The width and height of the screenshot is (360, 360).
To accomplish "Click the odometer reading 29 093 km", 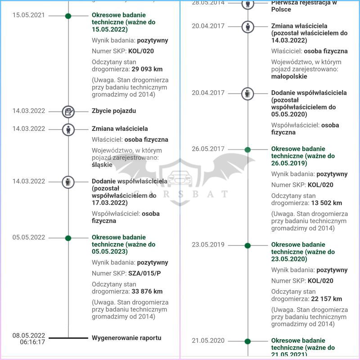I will click(147, 69).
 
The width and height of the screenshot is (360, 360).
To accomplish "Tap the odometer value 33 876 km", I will click(147, 292).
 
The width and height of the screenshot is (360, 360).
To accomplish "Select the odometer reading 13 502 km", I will click(325, 203).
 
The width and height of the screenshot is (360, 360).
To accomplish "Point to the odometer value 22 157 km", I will click(325, 299).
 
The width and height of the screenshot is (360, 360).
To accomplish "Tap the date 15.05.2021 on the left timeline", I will click(28, 15).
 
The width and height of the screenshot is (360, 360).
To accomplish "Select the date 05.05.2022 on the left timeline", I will click(28, 237).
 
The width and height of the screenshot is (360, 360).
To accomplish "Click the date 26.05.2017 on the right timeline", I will click(208, 149).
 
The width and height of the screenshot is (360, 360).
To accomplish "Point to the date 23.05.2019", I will click(208, 245).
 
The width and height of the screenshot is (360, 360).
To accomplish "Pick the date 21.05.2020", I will click(208, 341).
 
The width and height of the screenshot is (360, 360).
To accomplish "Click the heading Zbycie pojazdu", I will click(114, 111).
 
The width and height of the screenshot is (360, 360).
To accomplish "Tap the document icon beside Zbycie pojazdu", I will click(68, 111).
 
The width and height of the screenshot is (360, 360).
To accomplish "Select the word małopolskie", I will click(289, 76).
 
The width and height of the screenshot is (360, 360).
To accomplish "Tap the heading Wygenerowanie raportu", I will click(126, 337).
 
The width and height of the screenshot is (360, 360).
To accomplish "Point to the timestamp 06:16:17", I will click(32, 342).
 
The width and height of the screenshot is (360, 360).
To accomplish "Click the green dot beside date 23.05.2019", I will click(247, 245).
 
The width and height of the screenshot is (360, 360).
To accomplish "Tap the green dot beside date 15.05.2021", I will click(68, 16).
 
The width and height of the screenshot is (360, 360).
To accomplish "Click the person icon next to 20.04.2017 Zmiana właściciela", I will click(248, 26).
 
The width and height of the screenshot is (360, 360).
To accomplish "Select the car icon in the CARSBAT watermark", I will click(180, 177).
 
